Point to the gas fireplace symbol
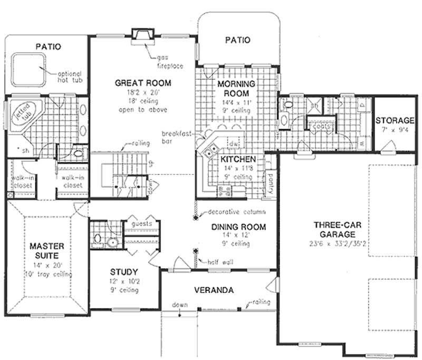pos(142,35)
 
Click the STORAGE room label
pos(395,120)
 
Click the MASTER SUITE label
pos(46,251)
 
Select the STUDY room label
pos(125,272)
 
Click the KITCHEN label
pos(238,159)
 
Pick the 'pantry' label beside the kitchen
pos(270,178)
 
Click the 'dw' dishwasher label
pos(236,143)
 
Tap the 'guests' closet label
pos(142,223)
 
